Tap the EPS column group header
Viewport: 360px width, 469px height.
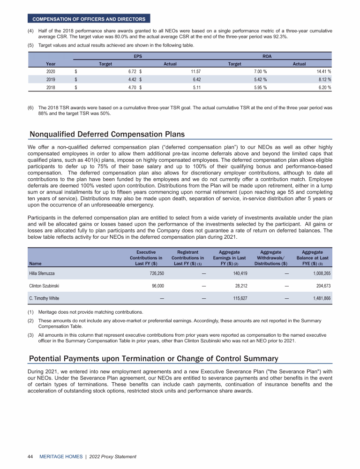coord(138,56)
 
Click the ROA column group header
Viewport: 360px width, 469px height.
coord(267,56)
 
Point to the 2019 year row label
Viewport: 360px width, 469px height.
coord(51,79)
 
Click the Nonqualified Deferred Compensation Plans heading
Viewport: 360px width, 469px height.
coord(107,134)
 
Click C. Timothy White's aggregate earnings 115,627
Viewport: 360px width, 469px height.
coord(237,298)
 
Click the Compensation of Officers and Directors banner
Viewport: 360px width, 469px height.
coord(89,19)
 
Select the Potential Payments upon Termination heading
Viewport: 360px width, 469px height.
coord(153,359)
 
